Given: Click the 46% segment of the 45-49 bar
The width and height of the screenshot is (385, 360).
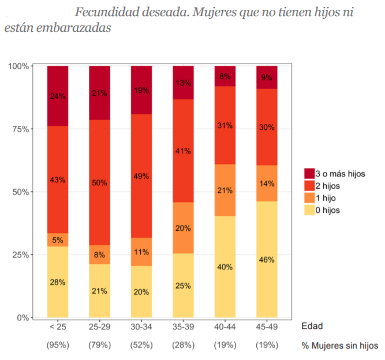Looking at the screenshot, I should click(x=267, y=259).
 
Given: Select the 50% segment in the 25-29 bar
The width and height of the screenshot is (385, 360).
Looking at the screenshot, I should click(x=99, y=182).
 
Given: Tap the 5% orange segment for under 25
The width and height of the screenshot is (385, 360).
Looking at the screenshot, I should click(x=58, y=240).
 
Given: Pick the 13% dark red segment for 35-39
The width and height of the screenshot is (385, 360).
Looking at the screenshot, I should click(x=183, y=82).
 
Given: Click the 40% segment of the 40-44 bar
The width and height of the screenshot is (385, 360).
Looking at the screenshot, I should click(x=225, y=267).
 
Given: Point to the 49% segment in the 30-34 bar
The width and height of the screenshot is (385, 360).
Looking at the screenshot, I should click(x=141, y=176).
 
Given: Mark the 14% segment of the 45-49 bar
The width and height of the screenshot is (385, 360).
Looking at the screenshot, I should click(x=267, y=183).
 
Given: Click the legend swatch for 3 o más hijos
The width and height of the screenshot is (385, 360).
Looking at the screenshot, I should click(x=310, y=174).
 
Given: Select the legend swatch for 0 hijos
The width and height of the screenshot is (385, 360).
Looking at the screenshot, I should click(x=310, y=210).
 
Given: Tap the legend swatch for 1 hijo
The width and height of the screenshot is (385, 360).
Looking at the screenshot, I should click(x=310, y=198).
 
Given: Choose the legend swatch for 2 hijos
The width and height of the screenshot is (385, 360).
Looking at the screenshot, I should click(x=310, y=186).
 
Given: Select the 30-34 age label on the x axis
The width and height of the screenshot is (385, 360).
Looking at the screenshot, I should click(x=141, y=327).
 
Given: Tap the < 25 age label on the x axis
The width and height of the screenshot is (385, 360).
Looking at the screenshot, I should click(x=58, y=327).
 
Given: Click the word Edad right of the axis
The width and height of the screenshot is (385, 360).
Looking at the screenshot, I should click(x=312, y=326).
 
